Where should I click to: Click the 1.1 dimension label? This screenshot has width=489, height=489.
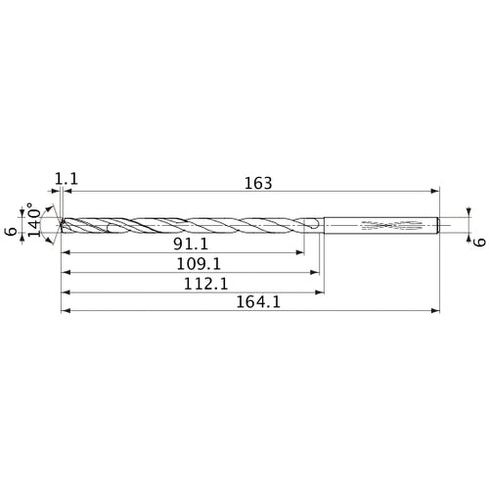coord(67,179)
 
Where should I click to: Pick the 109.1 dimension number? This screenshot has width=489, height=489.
coord(193,263)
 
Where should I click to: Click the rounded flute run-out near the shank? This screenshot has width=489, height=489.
coord(311,225)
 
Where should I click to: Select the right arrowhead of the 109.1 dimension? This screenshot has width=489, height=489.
coord(315,272)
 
